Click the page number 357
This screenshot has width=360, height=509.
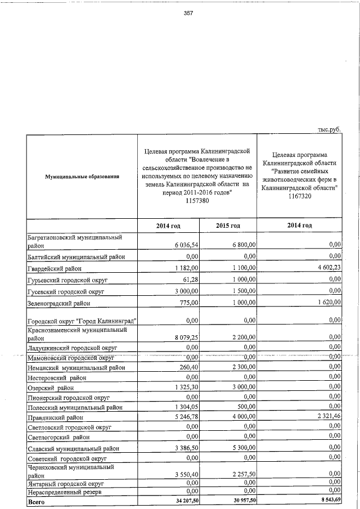(x=188, y=14)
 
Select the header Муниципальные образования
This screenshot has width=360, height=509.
(x=82, y=177)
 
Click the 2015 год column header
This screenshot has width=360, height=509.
(x=228, y=226)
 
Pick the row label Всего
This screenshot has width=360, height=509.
(x=35, y=500)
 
